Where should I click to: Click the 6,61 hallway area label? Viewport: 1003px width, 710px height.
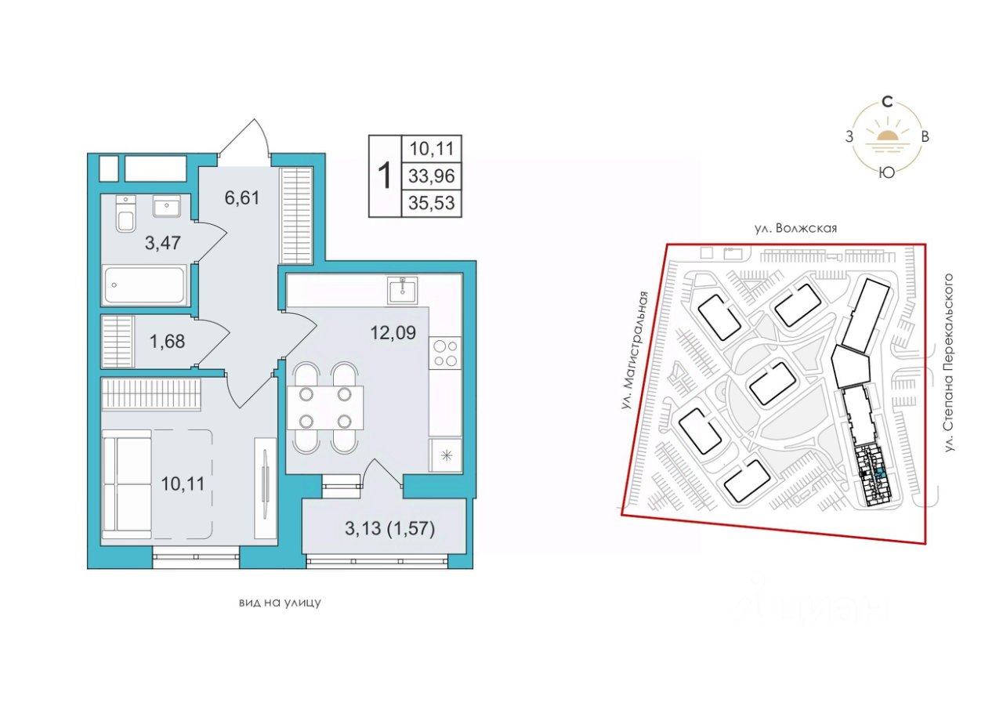tap(242, 197)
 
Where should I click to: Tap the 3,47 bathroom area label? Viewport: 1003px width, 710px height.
tap(162, 243)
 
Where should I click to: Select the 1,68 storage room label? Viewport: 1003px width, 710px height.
tap(167, 342)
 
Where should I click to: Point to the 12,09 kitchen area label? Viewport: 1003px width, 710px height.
tap(393, 332)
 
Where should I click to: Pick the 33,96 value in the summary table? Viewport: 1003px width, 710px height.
tap(432, 176)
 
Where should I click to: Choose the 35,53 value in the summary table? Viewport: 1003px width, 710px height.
tap(432, 203)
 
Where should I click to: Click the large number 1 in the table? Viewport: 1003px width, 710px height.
tap(385, 176)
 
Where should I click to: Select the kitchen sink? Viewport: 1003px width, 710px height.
tap(403, 291)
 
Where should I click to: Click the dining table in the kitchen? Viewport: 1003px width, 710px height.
tap(325, 408)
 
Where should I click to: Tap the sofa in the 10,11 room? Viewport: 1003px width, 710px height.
tap(127, 484)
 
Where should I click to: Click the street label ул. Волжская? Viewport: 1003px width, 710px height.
tap(795, 228)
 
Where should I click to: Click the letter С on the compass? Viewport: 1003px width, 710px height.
tap(886, 103)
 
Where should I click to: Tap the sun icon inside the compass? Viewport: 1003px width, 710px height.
tap(886, 136)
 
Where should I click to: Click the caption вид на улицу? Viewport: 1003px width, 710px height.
tap(280, 603)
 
